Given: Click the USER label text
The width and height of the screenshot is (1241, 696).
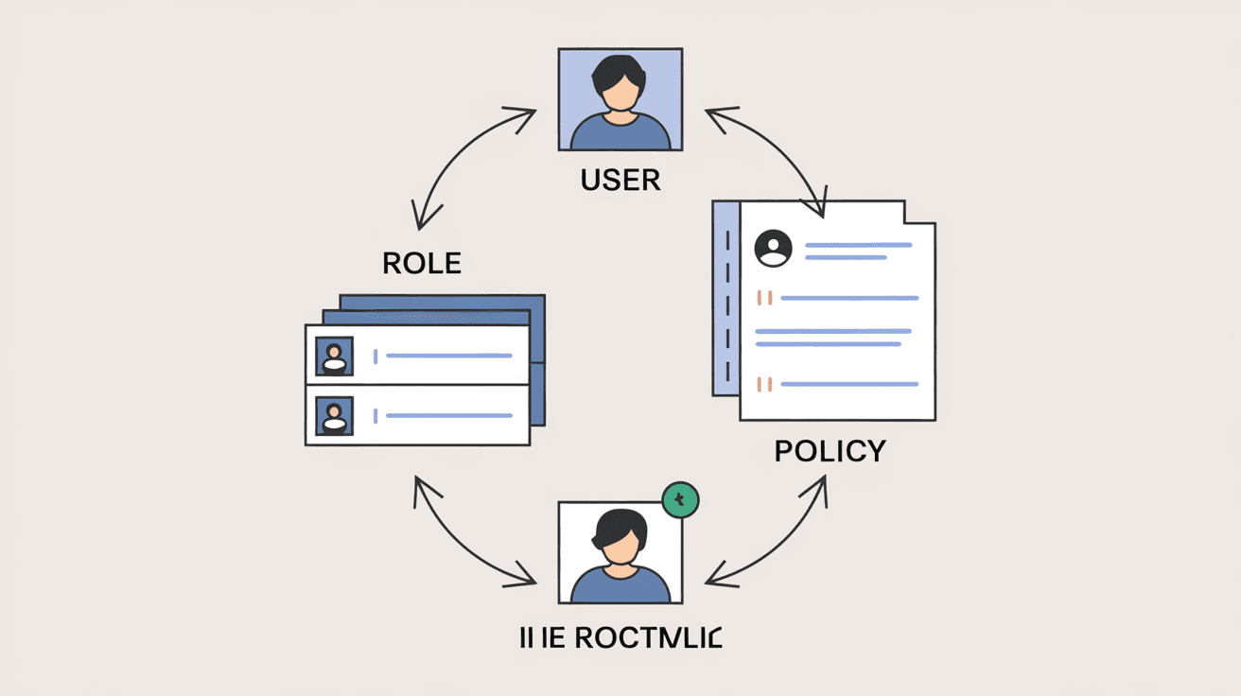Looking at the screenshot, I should (620, 180).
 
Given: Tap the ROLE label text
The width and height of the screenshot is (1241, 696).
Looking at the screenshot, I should (422, 263).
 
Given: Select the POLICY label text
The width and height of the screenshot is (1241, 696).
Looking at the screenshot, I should (830, 451).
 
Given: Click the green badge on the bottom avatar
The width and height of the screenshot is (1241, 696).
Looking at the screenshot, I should (680, 499).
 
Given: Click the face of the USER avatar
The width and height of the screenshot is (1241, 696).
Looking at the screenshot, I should (620, 92).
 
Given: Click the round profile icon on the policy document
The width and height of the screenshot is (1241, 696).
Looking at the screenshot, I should (774, 249).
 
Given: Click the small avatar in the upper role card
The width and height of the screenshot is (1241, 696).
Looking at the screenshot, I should (334, 356).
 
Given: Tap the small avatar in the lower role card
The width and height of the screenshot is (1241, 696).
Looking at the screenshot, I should (334, 415).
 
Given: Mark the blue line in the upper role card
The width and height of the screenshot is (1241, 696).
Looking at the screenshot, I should (449, 356).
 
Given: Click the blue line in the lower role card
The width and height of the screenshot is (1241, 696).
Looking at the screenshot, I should (449, 415).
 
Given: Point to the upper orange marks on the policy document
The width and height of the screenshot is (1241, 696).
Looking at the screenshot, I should (765, 298).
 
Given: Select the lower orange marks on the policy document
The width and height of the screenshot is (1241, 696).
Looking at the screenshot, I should (765, 384).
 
